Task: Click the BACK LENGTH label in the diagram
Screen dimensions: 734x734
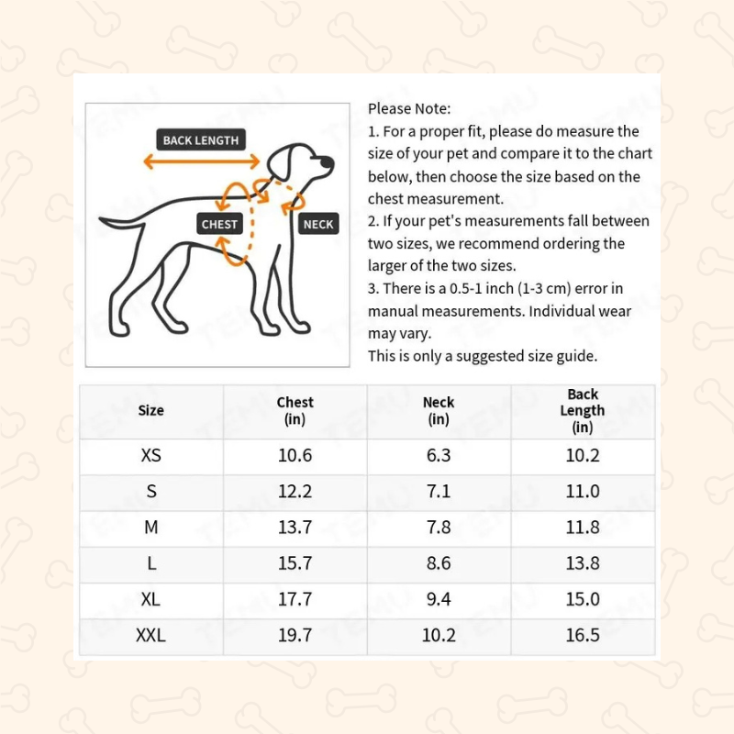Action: pyautogui.click(x=201, y=139)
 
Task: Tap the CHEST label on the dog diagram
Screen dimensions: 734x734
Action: pyautogui.click(x=219, y=224)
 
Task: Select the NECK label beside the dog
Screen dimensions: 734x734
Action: pyautogui.click(x=318, y=224)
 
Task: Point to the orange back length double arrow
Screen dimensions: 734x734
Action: pyautogui.click(x=201, y=161)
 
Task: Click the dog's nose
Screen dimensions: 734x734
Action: pyautogui.click(x=328, y=162)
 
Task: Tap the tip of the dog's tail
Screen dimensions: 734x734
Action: pyautogui.click(x=101, y=218)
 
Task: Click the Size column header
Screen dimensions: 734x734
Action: pyautogui.click(x=150, y=410)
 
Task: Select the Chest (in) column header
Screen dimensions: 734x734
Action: pyautogui.click(x=295, y=410)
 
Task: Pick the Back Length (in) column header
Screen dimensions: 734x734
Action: pyautogui.click(x=583, y=410)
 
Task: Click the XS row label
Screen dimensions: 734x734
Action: pyautogui.click(x=150, y=455)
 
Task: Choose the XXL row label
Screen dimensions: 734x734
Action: pyautogui.click(x=150, y=635)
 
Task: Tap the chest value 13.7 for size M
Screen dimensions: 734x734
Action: pyautogui.click(x=295, y=528)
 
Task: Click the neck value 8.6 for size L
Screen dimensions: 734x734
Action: pyautogui.click(x=439, y=563)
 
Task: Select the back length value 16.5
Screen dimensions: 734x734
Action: pyautogui.click(x=583, y=635)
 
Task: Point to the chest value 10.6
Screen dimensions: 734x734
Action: pyautogui.click(x=295, y=455)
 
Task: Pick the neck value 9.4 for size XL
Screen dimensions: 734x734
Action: pyautogui.click(x=439, y=599)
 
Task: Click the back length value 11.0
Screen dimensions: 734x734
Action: pyautogui.click(x=583, y=492)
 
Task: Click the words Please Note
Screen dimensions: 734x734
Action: pyautogui.click(x=408, y=108)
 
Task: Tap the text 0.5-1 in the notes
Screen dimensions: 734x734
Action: pyautogui.click(x=466, y=288)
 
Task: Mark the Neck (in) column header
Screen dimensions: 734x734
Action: pyautogui.click(x=439, y=410)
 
